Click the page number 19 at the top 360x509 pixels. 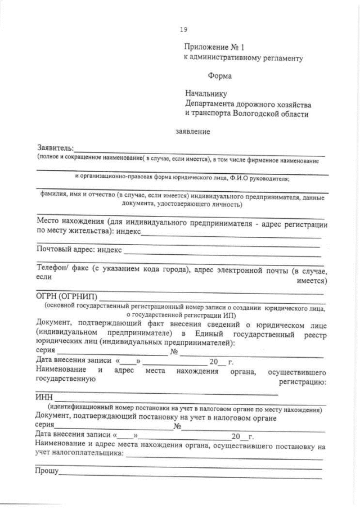(183, 30)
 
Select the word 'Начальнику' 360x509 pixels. (206, 94)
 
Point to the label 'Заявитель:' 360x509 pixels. (55, 148)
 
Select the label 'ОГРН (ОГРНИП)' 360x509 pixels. (67, 297)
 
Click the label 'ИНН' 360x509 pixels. (43, 398)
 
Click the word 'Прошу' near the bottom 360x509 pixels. (47, 470)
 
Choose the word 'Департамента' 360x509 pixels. (214, 104)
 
